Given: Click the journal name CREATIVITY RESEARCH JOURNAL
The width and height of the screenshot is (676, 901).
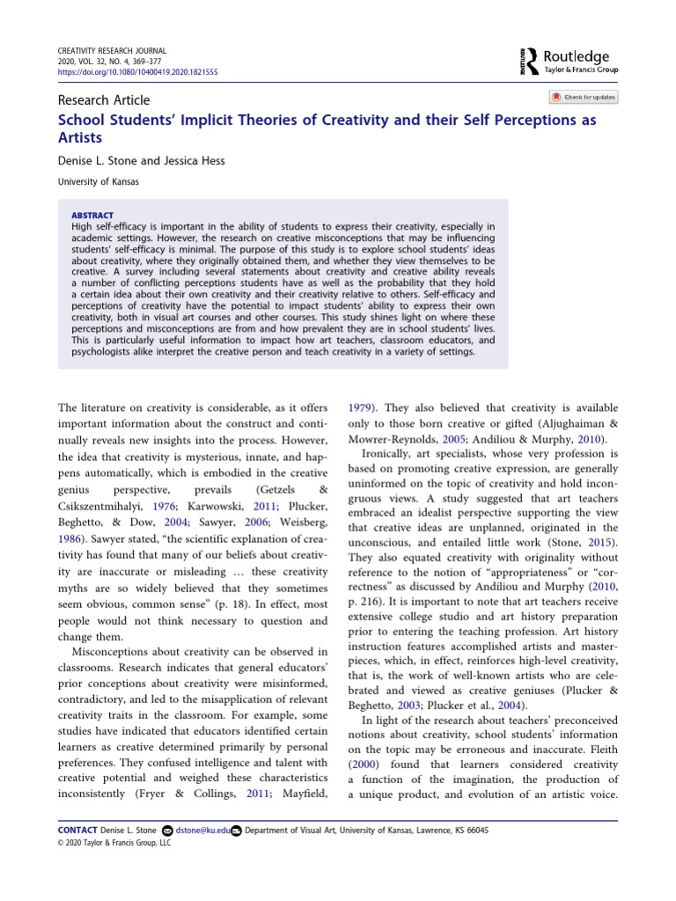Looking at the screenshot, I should (x=111, y=52).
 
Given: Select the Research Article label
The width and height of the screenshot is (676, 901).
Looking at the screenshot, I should (x=104, y=100).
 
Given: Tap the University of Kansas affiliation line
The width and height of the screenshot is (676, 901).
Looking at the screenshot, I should (x=99, y=182).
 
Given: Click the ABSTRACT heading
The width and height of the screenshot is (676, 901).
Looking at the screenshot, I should (x=92, y=215).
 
